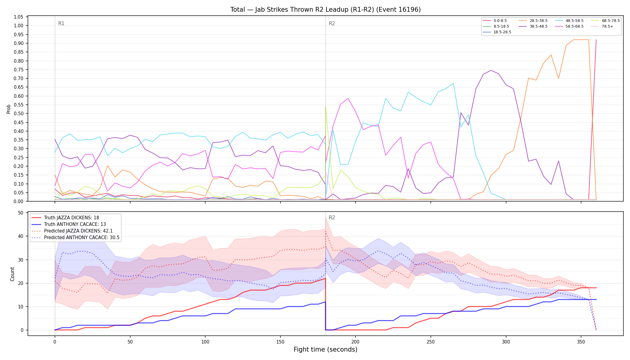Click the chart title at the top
[x=325, y=10]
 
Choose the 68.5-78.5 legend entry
[x=605, y=21]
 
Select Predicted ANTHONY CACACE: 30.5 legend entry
[x=76, y=238]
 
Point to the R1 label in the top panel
[x=61, y=23]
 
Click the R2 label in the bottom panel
[x=332, y=217]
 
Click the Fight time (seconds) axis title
[x=325, y=350]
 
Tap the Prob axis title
[x=9, y=109]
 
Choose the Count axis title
[x=12, y=274]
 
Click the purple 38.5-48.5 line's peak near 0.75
[x=491, y=70]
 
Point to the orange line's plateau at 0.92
[x=581, y=40]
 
